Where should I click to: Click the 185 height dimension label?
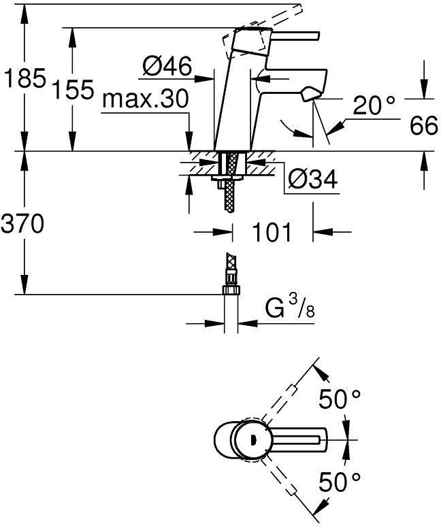point(24,80)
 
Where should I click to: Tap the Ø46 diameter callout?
point(167,67)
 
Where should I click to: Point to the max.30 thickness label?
point(145,100)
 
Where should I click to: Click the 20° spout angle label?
point(374,105)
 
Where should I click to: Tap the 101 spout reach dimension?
point(272,232)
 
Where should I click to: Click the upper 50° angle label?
point(340,400)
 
